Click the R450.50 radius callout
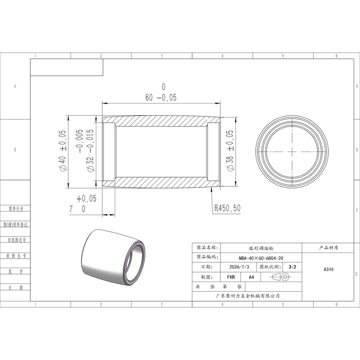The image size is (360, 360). pyautogui.click(x=227, y=208)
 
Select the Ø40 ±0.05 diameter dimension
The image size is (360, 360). pyautogui.click(x=63, y=150)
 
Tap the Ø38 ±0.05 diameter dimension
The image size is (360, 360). pyautogui.click(x=230, y=150)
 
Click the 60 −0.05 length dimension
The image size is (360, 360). pyautogui.click(x=161, y=93)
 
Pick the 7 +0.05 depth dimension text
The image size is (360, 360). pyautogui.click(x=83, y=204)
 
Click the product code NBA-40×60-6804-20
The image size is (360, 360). pyautogui.click(x=261, y=258)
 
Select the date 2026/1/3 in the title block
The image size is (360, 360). pyautogui.click(x=239, y=267)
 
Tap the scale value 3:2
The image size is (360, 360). pyautogui.click(x=292, y=267)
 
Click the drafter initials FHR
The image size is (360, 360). pyautogui.click(x=231, y=277)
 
